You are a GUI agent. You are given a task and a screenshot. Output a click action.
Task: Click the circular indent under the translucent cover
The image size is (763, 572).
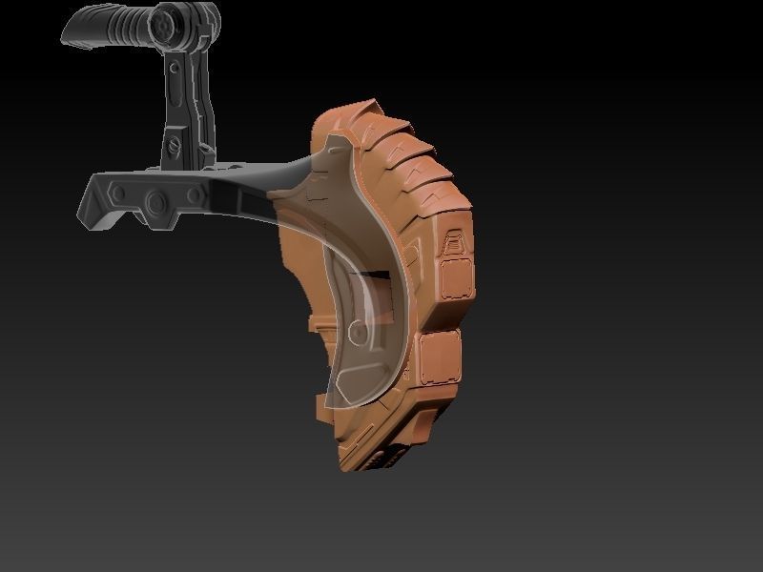pyautogui.click(x=357, y=333)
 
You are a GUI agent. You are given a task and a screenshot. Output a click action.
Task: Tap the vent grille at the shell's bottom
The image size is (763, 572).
pyautogui.click(x=381, y=458)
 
